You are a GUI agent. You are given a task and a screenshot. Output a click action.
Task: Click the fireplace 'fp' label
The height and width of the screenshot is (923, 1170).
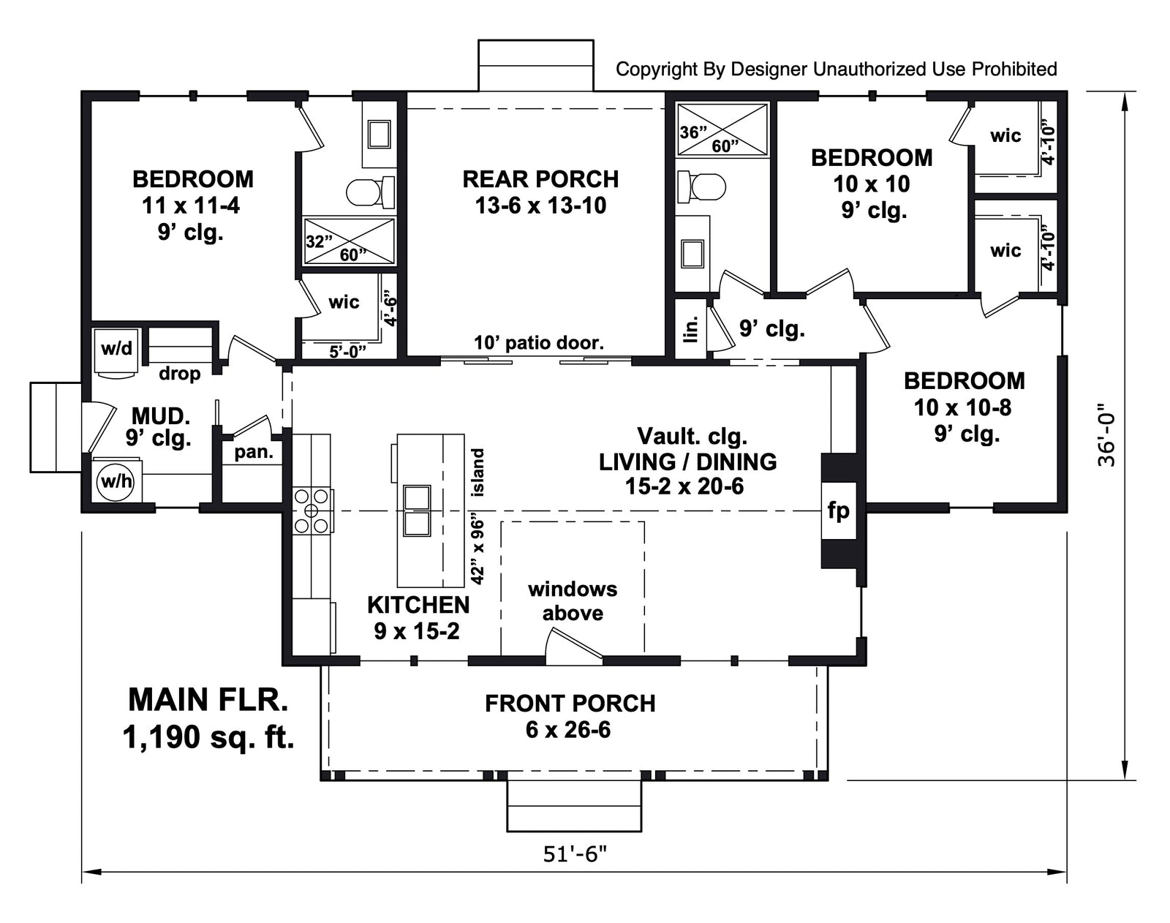(838, 510)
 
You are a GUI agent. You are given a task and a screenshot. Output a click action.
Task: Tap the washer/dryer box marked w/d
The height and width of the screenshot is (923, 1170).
(116, 349)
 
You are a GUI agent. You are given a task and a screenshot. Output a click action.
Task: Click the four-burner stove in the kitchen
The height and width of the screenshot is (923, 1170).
(312, 510)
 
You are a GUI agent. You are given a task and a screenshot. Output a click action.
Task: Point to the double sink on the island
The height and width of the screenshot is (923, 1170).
(417, 511)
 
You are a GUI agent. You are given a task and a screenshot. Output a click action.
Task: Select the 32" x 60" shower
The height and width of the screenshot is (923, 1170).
(350, 241)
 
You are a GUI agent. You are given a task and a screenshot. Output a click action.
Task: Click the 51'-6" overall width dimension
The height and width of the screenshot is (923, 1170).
(575, 854)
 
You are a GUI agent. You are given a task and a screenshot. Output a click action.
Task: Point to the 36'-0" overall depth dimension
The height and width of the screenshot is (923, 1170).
(1106, 436)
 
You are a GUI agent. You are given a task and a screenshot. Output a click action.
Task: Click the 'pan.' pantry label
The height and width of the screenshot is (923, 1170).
(253, 452)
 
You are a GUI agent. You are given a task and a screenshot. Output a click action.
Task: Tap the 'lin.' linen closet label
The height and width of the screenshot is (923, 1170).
(691, 328)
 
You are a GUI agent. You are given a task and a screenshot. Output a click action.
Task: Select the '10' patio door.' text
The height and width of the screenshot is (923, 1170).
(539, 342)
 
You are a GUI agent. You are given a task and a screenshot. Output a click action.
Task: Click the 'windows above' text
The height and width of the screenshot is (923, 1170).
(573, 600)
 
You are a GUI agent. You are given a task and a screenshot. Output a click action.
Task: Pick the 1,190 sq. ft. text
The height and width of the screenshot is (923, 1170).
(208, 736)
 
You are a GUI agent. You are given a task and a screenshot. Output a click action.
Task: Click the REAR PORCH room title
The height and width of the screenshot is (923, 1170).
(540, 179)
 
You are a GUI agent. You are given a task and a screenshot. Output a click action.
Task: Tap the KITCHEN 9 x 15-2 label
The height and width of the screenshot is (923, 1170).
(418, 617)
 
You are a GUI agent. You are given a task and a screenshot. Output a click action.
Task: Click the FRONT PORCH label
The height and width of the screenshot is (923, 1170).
(570, 704)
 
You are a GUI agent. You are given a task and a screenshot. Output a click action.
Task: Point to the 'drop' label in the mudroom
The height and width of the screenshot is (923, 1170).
(179, 374)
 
